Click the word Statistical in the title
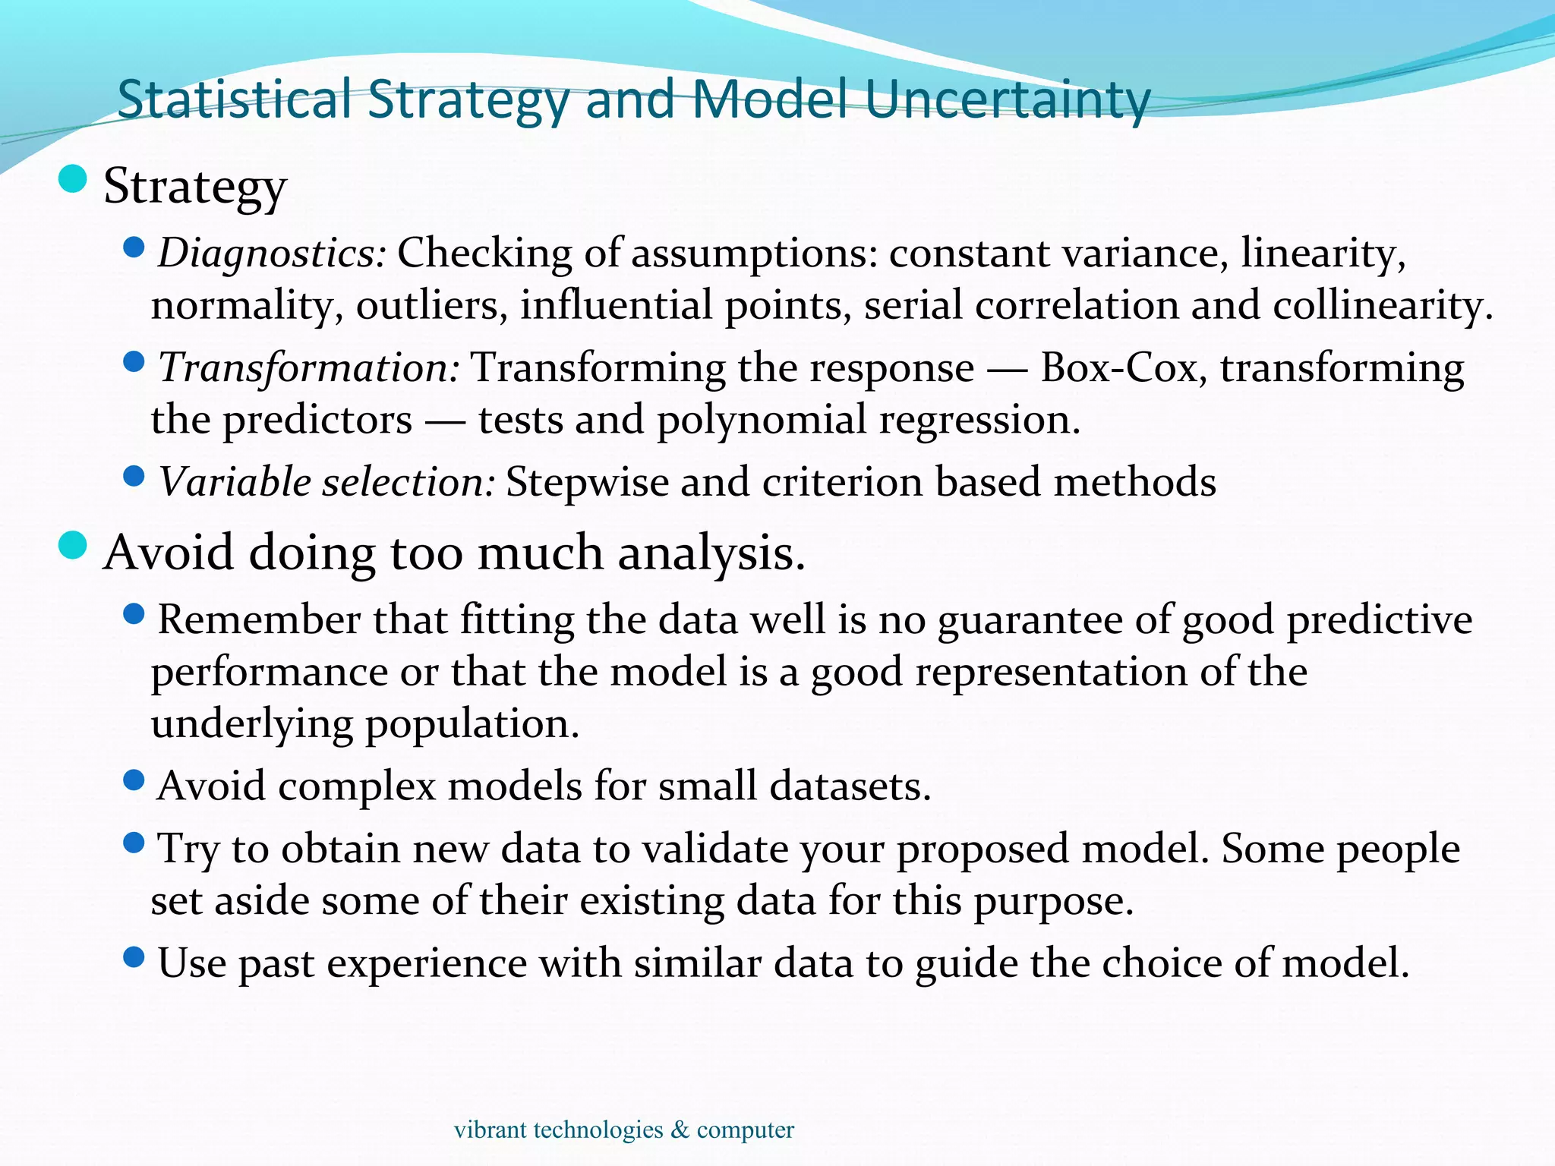pyautogui.click(x=234, y=99)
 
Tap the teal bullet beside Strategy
pyautogui.click(x=73, y=180)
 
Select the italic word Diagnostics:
pyautogui.click(x=272, y=254)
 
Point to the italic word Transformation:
pyautogui.click(x=308, y=368)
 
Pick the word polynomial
pyautogui.click(x=761, y=420)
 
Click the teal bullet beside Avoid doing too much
pyautogui.click(x=73, y=545)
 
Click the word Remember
pyautogui.click(x=258, y=619)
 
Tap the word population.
pyautogui.click(x=472, y=724)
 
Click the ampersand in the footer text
pyautogui.click(x=680, y=1130)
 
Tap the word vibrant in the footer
pyautogui.click(x=490, y=1130)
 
